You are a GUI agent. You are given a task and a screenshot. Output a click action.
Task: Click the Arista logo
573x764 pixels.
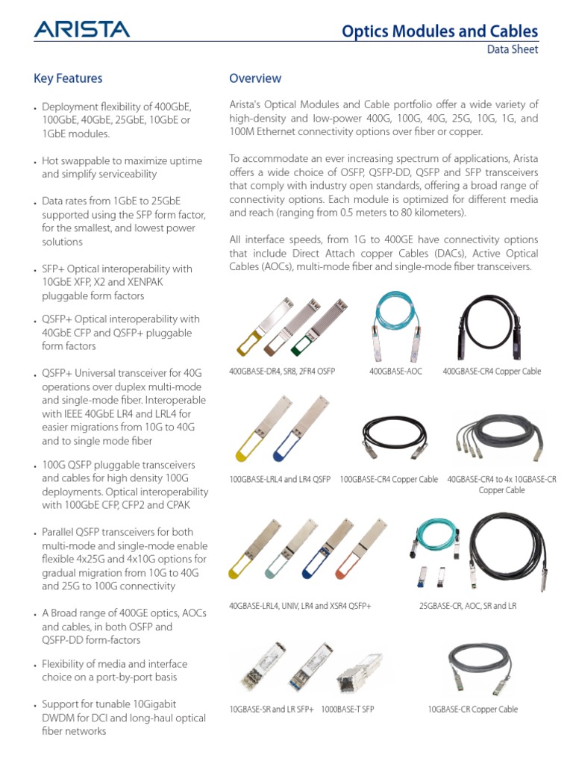pos(81,29)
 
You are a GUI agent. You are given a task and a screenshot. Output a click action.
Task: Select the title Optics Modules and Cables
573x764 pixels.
pos(439,31)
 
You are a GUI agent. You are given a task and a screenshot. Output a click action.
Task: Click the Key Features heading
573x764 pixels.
pos(68,78)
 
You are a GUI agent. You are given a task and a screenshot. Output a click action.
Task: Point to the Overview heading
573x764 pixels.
pos(255,78)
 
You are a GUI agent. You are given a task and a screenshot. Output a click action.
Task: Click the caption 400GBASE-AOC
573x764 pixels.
pos(395,372)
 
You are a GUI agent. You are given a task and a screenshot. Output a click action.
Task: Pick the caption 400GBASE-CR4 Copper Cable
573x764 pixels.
pos(492,372)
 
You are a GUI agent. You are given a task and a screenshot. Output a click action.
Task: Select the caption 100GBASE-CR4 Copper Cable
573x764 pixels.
pos(389,479)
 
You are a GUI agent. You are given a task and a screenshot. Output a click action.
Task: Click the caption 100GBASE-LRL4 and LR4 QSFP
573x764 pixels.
pos(280,479)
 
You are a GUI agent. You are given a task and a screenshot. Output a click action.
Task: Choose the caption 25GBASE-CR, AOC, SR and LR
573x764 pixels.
pos(468,606)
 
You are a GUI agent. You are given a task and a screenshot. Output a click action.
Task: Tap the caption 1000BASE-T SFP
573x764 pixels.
pos(348,710)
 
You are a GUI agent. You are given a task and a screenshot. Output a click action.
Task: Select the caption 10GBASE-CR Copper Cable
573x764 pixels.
pos(472,710)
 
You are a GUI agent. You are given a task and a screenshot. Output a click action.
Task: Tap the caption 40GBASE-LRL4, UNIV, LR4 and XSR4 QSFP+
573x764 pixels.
pos(300,606)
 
